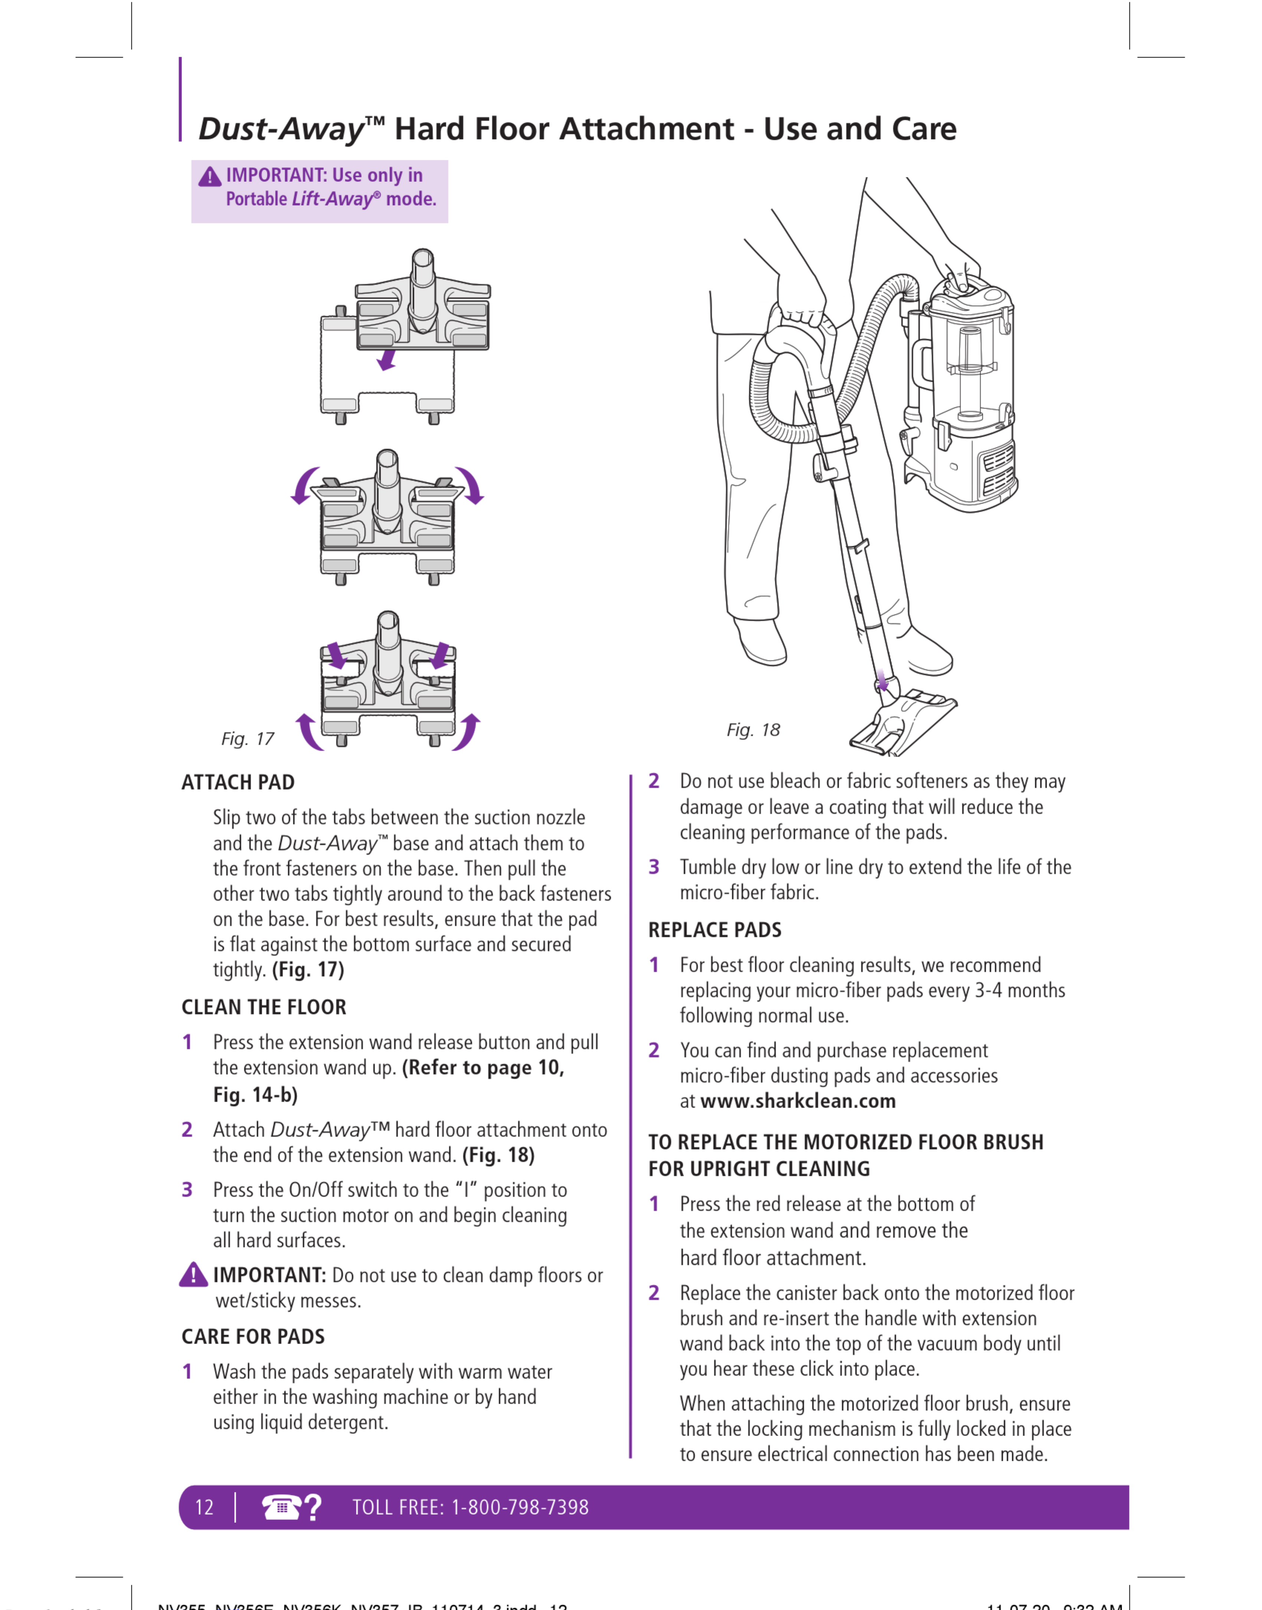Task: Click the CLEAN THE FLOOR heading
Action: pyautogui.click(x=264, y=1007)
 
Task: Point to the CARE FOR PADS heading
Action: pyautogui.click(x=253, y=1337)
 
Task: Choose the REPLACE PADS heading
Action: pyautogui.click(x=715, y=930)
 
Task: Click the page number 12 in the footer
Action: pyautogui.click(x=204, y=1507)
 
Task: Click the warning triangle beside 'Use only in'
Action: pyautogui.click(x=210, y=177)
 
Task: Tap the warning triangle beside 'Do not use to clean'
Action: pyautogui.click(x=194, y=1275)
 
